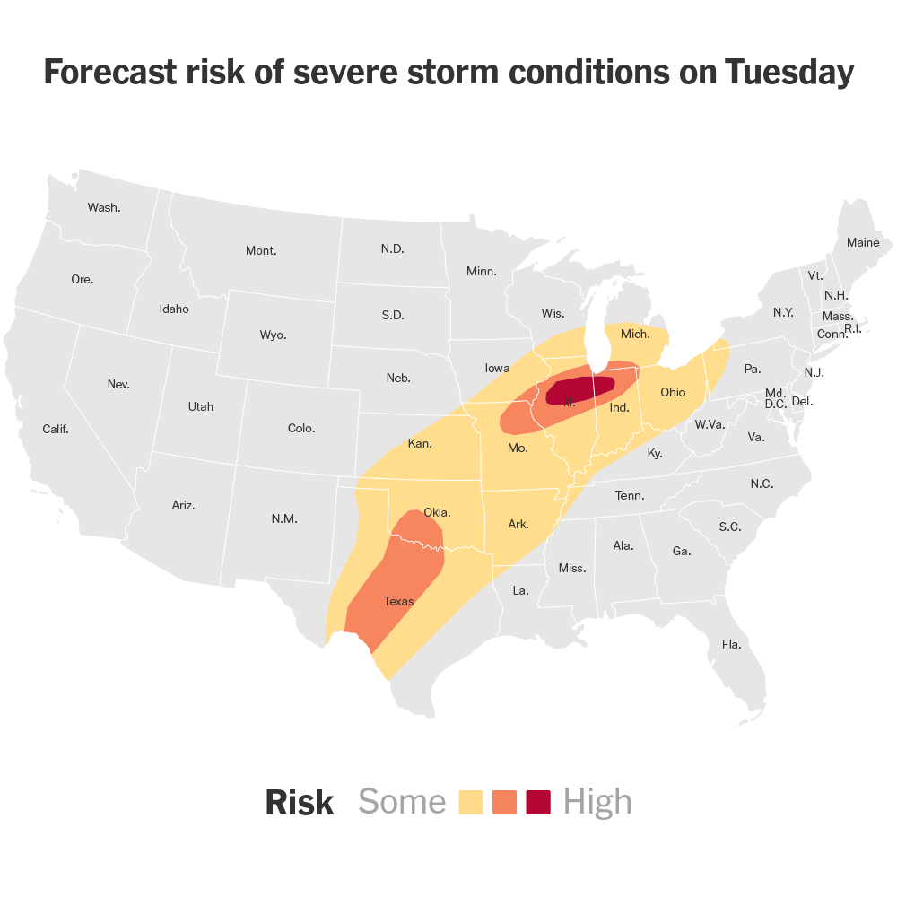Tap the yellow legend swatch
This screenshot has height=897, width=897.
(x=471, y=802)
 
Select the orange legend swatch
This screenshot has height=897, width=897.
(x=505, y=802)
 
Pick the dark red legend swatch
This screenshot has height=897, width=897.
(x=538, y=802)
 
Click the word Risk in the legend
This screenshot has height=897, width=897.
(x=299, y=803)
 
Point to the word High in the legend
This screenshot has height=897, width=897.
(x=597, y=802)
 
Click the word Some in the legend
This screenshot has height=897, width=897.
(x=402, y=802)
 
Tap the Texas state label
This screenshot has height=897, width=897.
(x=398, y=601)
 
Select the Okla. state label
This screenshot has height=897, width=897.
(x=437, y=513)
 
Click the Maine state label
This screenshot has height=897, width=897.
(x=863, y=243)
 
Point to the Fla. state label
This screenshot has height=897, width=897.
(x=731, y=644)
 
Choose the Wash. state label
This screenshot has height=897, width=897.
(x=104, y=207)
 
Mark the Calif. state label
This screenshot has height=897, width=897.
(x=56, y=429)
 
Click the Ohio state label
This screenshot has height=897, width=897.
(x=673, y=392)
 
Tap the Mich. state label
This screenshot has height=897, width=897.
(x=635, y=334)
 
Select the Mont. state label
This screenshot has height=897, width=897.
(x=261, y=250)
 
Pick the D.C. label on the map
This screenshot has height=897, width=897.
(x=776, y=405)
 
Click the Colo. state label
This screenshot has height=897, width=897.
(x=301, y=428)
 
